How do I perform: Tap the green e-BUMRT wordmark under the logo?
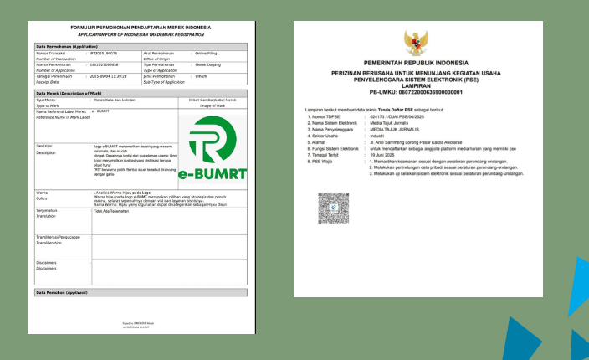pos(213,175)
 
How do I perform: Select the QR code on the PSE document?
pos(327,205)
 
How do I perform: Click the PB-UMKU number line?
pos(415,91)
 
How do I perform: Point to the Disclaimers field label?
pos(46,262)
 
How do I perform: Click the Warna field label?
pos(42,192)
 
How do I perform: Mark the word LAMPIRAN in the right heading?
pos(415,85)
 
